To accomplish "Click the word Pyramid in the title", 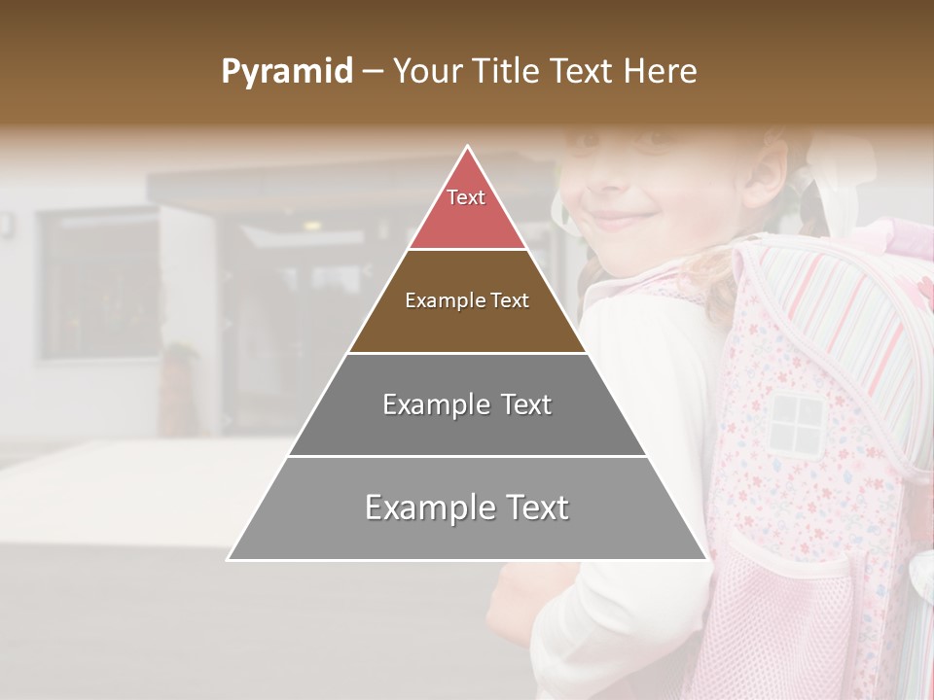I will click(286, 72).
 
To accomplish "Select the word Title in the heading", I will click(505, 71).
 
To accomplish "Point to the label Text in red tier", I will click(466, 197).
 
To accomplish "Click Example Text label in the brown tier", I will click(467, 300).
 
